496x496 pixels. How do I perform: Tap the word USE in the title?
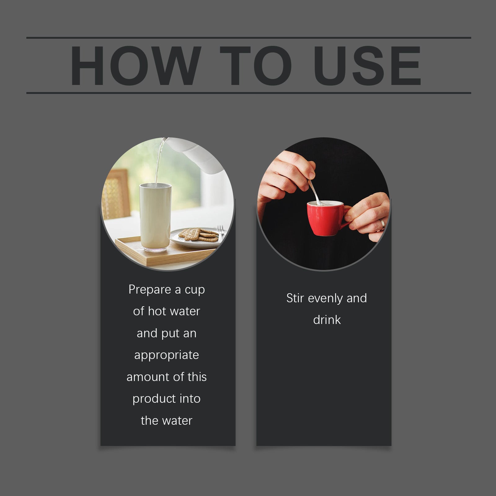point(367,65)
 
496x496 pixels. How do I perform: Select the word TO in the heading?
point(255,65)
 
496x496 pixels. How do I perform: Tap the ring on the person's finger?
point(382,224)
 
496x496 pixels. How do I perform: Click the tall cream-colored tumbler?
point(155,217)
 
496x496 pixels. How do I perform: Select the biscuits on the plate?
point(198,235)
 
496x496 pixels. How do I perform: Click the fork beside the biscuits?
point(220,233)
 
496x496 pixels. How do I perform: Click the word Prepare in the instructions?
point(150,290)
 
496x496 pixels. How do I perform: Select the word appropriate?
point(166,355)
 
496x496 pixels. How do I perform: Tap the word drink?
point(327,320)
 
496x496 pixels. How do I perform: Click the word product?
point(151,399)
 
